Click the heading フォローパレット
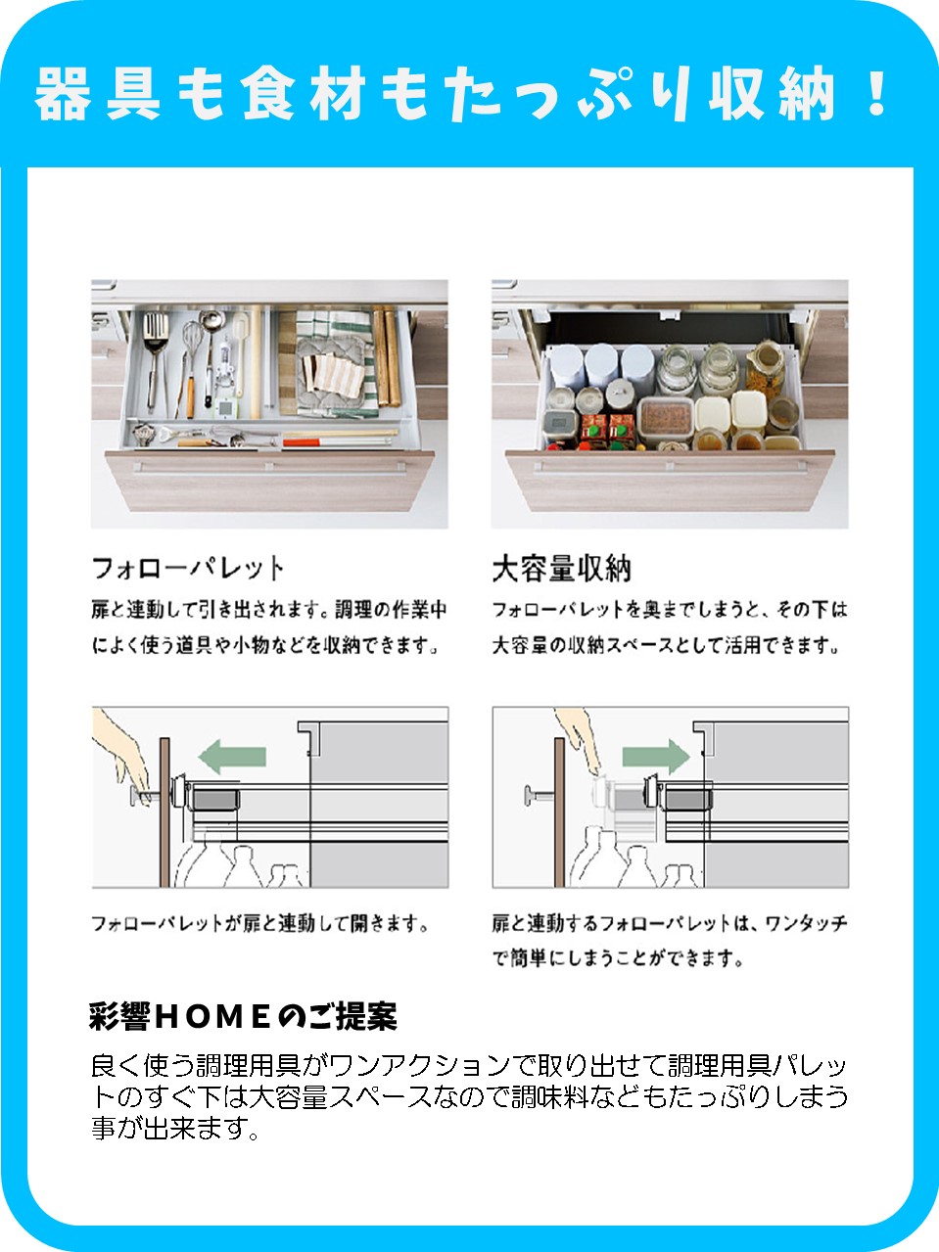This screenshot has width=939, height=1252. point(188,569)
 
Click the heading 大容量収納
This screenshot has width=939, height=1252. point(561,569)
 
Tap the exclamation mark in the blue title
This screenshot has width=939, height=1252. point(873,93)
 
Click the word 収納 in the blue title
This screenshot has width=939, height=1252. point(772,93)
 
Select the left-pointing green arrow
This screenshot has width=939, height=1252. point(232,757)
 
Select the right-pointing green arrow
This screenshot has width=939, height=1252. point(656,757)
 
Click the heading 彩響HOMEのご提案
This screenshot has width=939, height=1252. point(243,1016)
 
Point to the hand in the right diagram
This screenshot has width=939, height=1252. point(579,740)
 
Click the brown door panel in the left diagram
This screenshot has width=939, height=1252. point(164,812)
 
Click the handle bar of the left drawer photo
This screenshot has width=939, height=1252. point(269,468)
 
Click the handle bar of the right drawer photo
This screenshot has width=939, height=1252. point(671,468)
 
